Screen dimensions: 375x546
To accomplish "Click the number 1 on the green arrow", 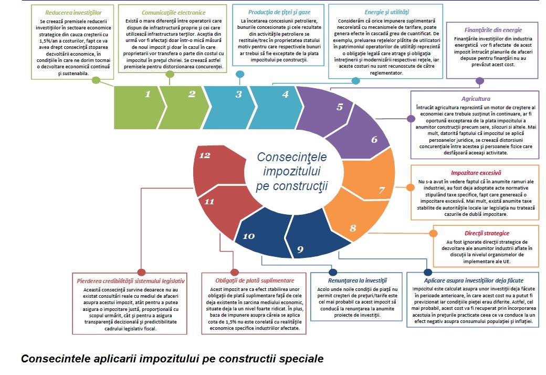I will coord(148,95).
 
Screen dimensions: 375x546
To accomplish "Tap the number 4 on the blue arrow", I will coord(285,95).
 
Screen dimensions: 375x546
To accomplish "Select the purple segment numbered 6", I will coord(374,139).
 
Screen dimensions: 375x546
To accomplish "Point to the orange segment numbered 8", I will coord(353,228).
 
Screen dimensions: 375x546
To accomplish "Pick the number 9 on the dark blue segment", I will coord(300,249).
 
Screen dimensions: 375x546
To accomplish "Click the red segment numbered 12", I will coord(205,155).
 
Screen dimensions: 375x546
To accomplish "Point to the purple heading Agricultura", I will coord(476,99).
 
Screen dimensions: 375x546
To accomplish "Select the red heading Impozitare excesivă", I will coord(476,172).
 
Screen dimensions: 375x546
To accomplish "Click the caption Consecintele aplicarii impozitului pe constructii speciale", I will coord(172,359).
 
